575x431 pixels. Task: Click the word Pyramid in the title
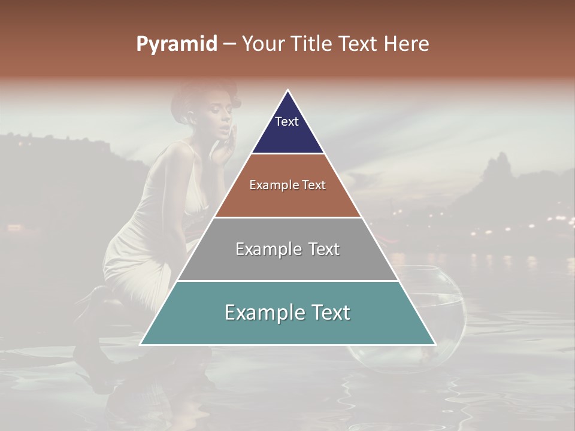(177, 44)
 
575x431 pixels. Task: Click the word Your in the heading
(262, 44)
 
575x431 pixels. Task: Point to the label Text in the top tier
(286, 122)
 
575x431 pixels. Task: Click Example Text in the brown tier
(287, 185)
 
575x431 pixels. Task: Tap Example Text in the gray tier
(287, 249)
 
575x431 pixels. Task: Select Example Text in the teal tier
(287, 312)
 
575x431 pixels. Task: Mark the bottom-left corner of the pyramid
(140, 344)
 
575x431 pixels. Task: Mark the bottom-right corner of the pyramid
(435, 344)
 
